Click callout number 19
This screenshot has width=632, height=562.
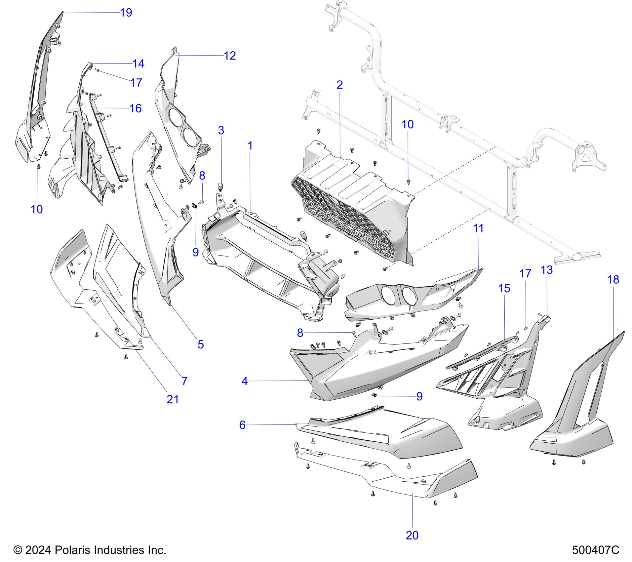(x=126, y=13)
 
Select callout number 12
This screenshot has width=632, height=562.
(x=230, y=56)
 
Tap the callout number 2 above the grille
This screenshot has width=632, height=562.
(x=339, y=85)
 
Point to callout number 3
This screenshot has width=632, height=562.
(x=221, y=131)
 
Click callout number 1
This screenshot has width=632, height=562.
(x=250, y=146)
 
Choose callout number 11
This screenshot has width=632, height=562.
(x=478, y=228)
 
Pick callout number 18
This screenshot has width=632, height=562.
(x=613, y=280)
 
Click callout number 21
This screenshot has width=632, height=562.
(x=173, y=399)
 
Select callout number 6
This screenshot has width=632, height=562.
(x=242, y=425)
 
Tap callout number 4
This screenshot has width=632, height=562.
(x=245, y=381)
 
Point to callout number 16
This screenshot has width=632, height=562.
(x=136, y=108)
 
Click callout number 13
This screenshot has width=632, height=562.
(x=547, y=270)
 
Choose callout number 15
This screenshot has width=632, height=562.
(x=504, y=289)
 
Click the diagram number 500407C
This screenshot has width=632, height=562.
(x=596, y=550)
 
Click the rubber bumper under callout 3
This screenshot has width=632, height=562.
(x=220, y=186)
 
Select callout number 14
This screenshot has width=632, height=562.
(x=138, y=63)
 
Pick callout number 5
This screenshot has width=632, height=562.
(x=201, y=344)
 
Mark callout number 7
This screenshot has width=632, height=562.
(x=184, y=381)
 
